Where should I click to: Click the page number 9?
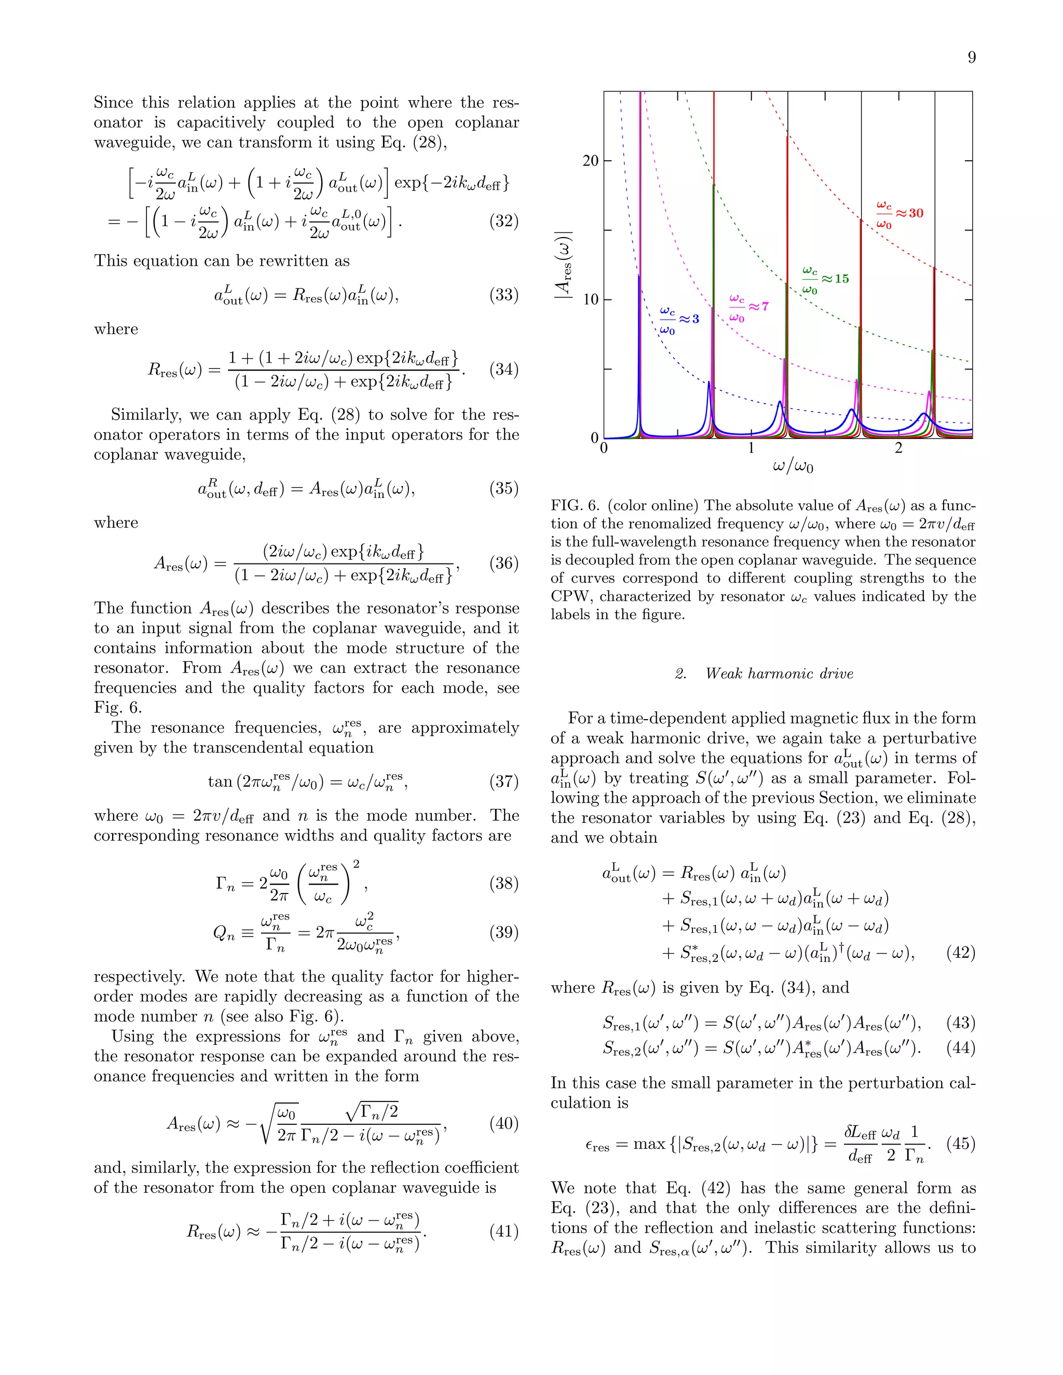click(971, 58)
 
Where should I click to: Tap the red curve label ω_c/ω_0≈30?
click(900, 215)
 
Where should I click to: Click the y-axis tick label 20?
click(590, 161)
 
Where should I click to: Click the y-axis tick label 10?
click(590, 300)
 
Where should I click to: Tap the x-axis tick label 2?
click(898, 448)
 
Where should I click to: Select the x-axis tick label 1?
click(751, 448)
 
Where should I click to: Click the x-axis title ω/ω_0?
click(793, 467)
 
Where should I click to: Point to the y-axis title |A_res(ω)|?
click(564, 265)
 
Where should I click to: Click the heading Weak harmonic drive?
click(779, 673)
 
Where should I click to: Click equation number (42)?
click(960, 953)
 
